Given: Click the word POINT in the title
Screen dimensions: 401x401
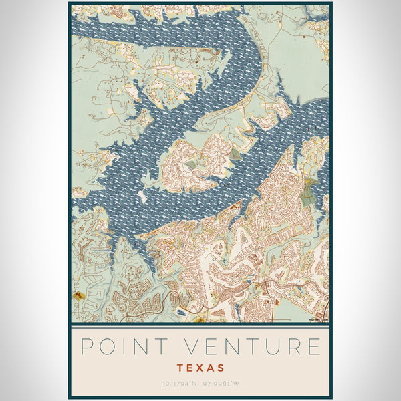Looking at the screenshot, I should [120, 347].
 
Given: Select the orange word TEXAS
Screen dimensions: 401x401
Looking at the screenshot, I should [200, 368].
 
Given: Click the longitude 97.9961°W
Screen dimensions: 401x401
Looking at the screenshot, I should [220, 384].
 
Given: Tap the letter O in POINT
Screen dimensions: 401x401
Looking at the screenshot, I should [105, 347].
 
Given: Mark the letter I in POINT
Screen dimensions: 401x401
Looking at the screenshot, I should [120, 347].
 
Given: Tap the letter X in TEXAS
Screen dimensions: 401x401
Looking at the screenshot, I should [200, 368].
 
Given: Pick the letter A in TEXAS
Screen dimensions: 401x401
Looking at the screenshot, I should [211, 368].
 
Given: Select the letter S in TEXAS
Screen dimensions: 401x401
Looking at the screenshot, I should [221, 368].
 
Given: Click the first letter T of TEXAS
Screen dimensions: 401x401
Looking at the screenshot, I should [180, 368].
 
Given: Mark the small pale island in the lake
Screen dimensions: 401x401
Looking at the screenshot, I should [142, 196].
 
